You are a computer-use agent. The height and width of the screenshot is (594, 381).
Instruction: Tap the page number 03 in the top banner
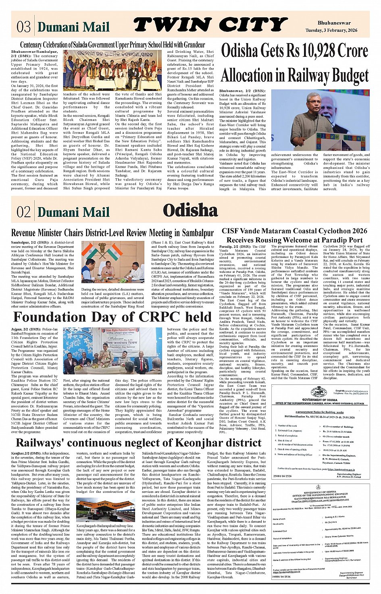[23, 27]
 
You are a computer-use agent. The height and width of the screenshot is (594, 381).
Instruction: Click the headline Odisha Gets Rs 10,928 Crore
[294, 51]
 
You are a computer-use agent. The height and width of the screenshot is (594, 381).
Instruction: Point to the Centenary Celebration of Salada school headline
[112, 44]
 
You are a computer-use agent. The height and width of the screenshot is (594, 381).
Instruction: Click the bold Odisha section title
[190, 210]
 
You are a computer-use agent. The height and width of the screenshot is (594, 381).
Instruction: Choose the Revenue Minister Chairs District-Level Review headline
[112, 233]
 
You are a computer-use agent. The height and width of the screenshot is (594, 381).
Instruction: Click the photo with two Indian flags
[112, 261]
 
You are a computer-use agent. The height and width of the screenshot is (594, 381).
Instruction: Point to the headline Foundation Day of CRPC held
[112, 317]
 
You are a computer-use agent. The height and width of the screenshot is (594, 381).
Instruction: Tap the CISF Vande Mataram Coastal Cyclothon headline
[294, 235]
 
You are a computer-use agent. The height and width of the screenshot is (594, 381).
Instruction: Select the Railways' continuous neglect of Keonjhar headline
[138, 443]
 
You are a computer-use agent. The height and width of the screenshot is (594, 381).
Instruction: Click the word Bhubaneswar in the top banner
[334, 23]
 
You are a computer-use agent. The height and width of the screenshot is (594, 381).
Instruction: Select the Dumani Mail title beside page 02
[73, 212]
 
